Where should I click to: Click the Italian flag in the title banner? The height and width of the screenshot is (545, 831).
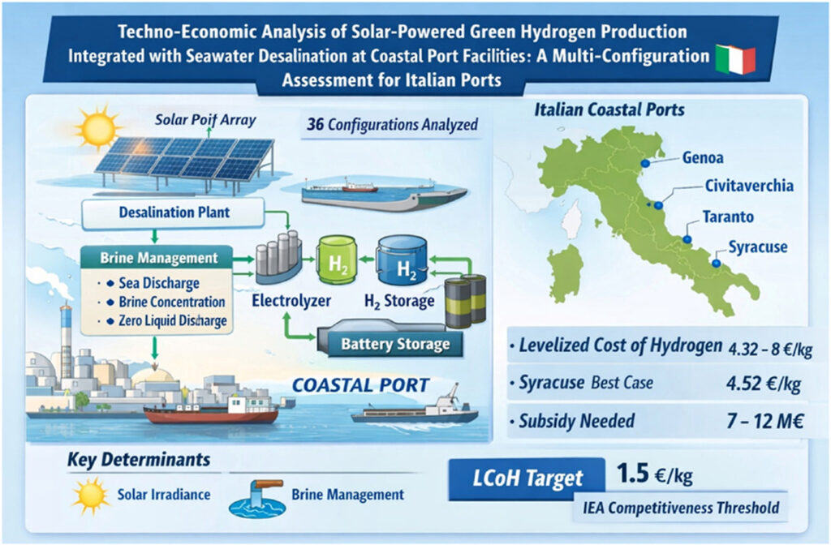coord(735,59)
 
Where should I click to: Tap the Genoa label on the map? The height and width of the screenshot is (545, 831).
coord(703,157)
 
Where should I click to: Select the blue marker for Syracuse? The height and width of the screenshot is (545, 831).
coord(716,263)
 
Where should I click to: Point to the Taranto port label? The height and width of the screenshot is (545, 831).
coord(728,217)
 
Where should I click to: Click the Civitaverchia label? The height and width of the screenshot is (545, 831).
coord(749,186)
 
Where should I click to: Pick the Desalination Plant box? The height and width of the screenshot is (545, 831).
coord(174,213)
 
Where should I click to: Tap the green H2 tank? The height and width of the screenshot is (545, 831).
coord(337,260)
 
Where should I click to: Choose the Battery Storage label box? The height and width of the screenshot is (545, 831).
coord(395,344)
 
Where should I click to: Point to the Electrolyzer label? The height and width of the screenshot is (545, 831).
coord(291,301)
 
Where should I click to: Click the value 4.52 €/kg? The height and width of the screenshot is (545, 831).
coord(764,384)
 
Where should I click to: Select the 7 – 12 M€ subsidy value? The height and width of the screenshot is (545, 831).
coord(764,421)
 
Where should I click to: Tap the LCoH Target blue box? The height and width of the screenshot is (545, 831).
coord(527,478)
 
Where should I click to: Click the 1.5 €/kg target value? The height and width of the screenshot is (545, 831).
coord(655,473)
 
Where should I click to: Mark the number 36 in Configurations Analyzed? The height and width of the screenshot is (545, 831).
coord(316,124)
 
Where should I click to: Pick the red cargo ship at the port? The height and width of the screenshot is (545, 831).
coord(211,411)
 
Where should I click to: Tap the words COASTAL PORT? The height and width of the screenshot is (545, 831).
coord(361,385)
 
